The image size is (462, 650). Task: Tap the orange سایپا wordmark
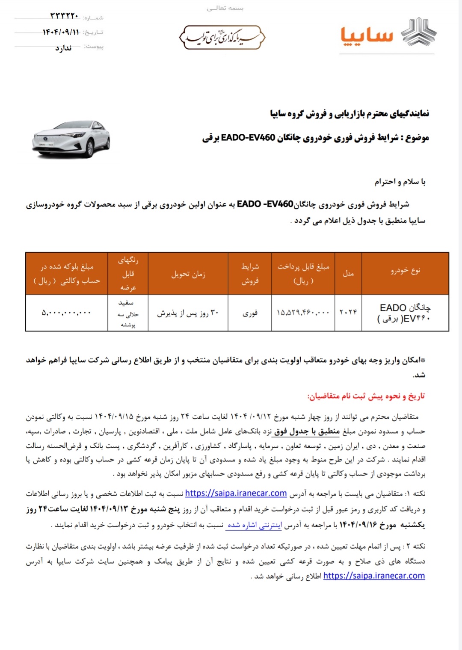tap(367, 36)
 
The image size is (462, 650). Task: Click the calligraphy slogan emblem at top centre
tap(222, 37)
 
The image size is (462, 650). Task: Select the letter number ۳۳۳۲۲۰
tap(65, 16)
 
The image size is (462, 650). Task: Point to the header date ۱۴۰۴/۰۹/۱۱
tap(61, 32)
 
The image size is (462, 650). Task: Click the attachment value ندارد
tap(63, 48)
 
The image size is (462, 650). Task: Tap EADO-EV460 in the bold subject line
tap(248, 138)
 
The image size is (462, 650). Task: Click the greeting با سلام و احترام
tap(400, 182)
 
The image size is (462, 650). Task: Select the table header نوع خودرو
tap(405, 270)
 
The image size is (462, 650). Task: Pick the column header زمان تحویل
tap(188, 274)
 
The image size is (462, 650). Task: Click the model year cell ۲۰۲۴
tap(348, 312)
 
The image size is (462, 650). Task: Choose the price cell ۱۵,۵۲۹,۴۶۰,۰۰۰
tap(303, 313)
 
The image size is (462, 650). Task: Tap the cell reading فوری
tap(250, 313)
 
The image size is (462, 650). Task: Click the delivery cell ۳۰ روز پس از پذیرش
tap(188, 313)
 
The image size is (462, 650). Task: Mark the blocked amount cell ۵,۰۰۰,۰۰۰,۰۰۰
tap(66, 313)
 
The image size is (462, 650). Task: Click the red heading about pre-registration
tap(366, 396)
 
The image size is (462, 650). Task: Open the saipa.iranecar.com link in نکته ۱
tap(236, 493)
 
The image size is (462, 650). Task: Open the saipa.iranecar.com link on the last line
tap(374, 576)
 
